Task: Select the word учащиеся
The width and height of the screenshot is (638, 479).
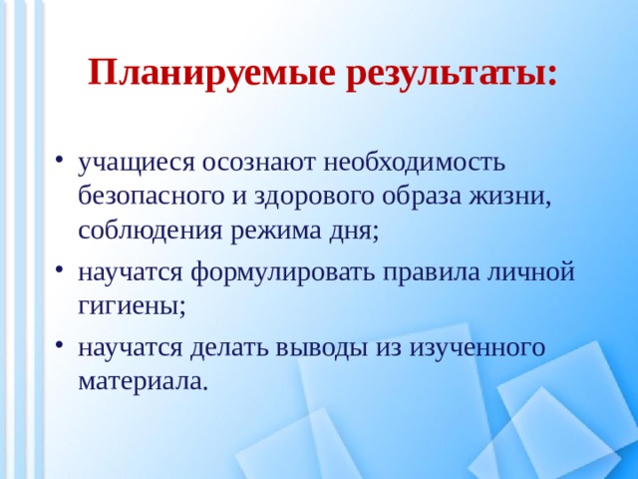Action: [x=138, y=161]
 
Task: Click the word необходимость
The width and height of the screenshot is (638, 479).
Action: [x=417, y=161]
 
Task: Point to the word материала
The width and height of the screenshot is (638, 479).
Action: [x=144, y=380]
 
